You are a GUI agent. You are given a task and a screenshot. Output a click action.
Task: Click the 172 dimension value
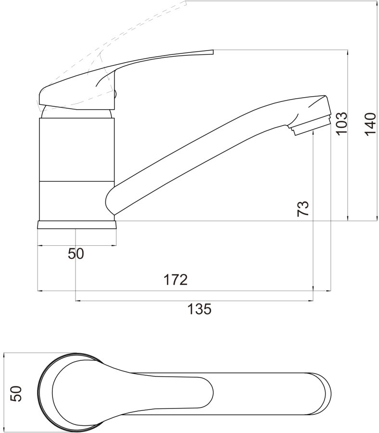coord(176,280)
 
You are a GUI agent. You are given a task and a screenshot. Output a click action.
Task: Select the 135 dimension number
coord(200,309)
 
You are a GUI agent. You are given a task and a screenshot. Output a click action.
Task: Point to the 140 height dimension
coord(370,124)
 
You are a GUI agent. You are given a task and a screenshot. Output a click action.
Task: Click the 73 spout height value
coord(303,208)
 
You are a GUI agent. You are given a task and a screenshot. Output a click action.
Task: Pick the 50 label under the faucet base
coord(76,254)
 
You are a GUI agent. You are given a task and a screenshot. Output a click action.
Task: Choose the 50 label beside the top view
coord(16,394)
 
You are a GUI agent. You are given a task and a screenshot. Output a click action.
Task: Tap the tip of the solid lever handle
coord(214,52)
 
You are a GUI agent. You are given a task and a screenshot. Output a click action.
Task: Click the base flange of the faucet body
coord(76,225)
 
